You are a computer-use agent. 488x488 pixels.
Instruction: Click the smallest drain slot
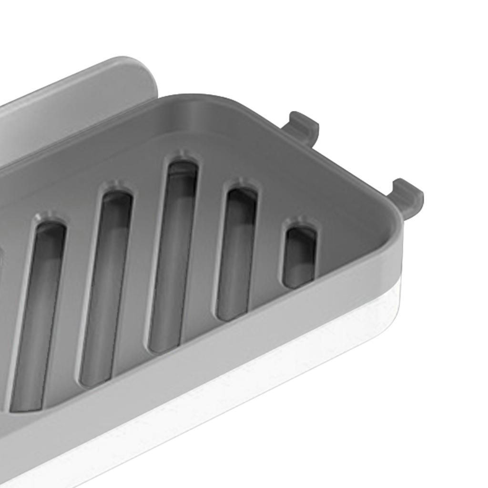coord(300,257)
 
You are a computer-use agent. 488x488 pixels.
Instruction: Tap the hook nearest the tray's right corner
coord(407,197)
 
